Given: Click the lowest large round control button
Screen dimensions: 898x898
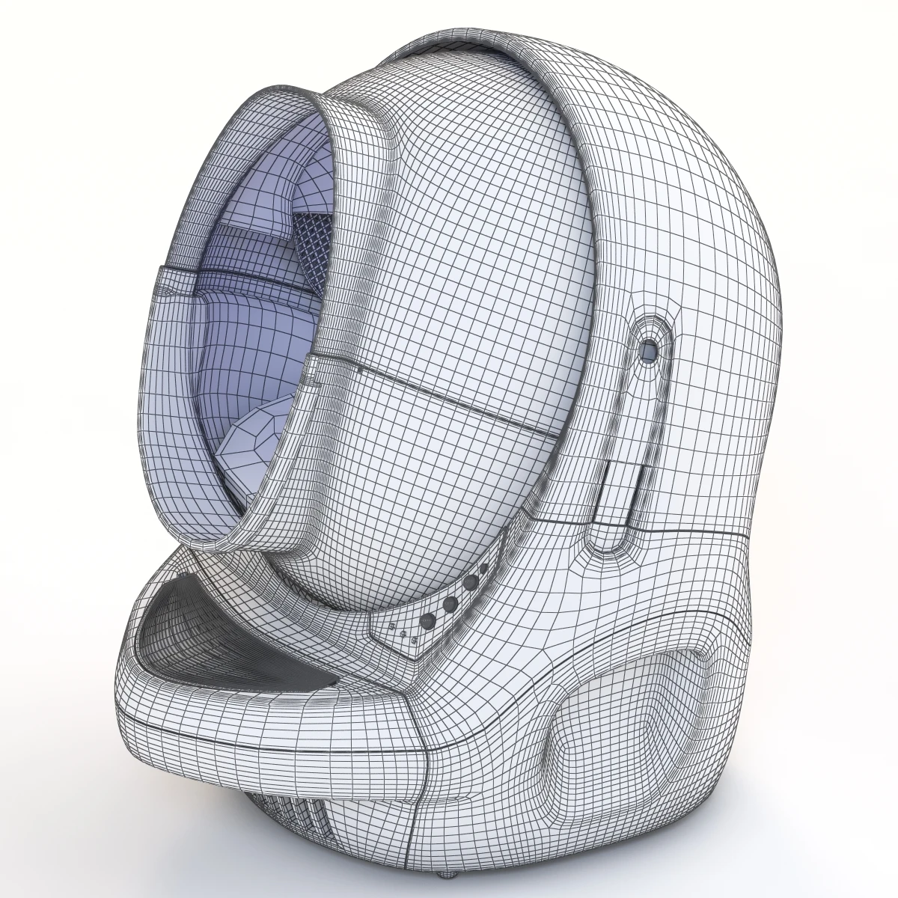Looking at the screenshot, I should pyautogui.click(x=430, y=620).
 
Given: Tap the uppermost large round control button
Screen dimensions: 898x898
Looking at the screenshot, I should pyautogui.click(x=470, y=581).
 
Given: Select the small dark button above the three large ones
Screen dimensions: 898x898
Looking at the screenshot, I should pyautogui.click(x=483, y=569).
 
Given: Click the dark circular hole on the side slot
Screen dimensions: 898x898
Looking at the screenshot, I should pyautogui.click(x=648, y=349).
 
